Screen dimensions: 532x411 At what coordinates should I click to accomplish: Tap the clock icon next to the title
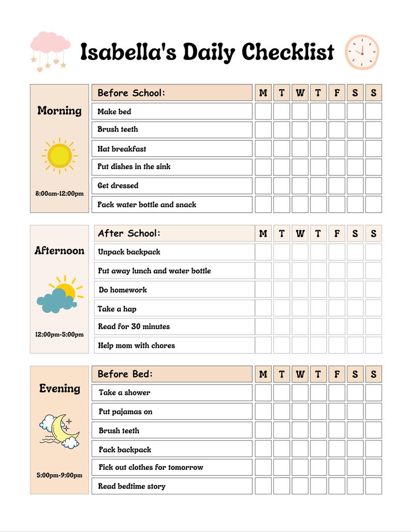pyautogui.click(x=362, y=52)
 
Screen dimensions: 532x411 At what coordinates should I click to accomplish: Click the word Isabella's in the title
pyautogui.click(x=128, y=52)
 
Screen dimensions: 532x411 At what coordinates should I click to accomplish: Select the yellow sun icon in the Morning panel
pyautogui.click(x=60, y=155)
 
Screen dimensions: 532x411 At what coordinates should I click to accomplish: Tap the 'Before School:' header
pyautogui.click(x=131, y=93)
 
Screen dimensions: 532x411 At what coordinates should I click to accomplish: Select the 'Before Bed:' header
pyautogui.click(x=125, y=374)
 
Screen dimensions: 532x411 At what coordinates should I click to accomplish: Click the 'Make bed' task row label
pyautogui.click(x=114, y=111)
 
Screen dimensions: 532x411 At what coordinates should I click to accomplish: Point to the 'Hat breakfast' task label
pyautogui.click(x=122, y=149)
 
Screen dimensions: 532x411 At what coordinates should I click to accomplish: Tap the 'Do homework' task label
pyautogui.click(x=123, y=290)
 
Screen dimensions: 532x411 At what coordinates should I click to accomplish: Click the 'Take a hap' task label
pyautogui.click(x=117, y=309)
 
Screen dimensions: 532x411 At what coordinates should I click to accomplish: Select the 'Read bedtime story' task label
pyautogui.click(x=132, y=486)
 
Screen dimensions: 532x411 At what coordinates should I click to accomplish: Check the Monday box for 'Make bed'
pyautogui.click(x=263, y=111)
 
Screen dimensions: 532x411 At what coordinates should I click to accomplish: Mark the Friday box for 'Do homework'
pyautogui.click(x=336, y=289)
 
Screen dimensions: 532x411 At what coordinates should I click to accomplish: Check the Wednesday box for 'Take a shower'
pyautogui.click(x=300, y=392)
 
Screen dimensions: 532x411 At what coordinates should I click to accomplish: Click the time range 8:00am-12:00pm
pyautogui.click(x=60, y=194)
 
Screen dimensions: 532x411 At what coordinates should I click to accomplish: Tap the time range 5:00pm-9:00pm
pyautogui.click(x=60, y=475)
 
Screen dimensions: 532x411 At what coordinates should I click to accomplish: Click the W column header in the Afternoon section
pyautogui.click(x=300, y=233)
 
